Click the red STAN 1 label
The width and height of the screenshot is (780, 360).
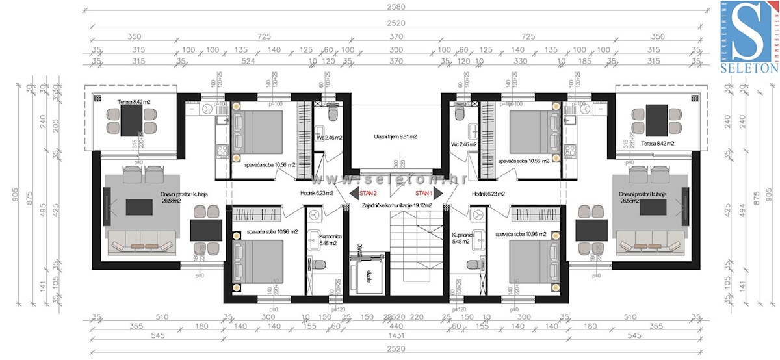click(x=424, y=193)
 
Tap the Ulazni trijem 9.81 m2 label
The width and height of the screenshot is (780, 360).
click(x=395, y=137)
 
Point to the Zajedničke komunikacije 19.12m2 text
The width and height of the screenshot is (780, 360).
click(x=396, y=204)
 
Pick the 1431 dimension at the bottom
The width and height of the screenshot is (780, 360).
click(x=396, y=336)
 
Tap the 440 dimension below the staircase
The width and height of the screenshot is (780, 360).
click(x=396, y=327)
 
